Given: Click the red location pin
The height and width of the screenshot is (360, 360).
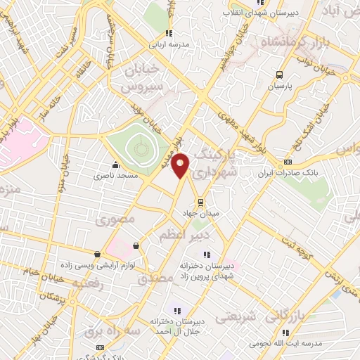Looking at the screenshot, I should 181,165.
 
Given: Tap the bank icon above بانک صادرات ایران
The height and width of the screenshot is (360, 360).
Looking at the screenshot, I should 286,162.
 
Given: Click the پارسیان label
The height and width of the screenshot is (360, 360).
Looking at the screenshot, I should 280,86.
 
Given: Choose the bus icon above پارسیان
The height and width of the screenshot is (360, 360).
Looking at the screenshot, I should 280,75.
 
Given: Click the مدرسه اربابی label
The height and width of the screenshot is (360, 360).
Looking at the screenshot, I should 167,44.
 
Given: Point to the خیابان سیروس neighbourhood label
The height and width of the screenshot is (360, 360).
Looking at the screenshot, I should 143,79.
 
